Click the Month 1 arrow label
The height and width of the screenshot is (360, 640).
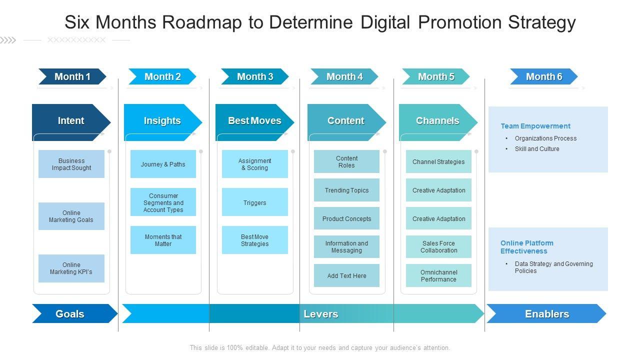(x=72, y=76)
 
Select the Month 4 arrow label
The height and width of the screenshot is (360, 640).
(x=344, y=76)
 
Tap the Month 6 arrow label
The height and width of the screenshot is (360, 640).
(x=544, y=76)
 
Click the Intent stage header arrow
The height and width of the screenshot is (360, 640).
(x=71, y=121)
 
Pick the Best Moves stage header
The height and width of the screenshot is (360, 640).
(x=254, y=121)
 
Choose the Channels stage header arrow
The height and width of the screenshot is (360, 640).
(x=437, y=121)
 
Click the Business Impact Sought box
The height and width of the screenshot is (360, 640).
(x=71, y=164)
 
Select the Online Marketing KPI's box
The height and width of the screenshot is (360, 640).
(x=71, y=268)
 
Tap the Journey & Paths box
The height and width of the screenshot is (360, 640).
(x=163, y=164)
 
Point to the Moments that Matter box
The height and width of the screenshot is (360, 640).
(x=163, y=240)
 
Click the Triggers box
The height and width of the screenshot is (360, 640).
(x=255, y=202)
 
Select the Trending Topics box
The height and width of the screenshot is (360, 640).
(x=346, y=190)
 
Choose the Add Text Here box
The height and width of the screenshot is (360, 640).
(x=346, y=276)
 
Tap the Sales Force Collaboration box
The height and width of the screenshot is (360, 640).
(x=438, y=247)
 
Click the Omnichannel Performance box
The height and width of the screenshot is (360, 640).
(x=438, y=276)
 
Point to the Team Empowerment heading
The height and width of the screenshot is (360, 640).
(x=535, y=126)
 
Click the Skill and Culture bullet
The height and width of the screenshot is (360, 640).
(x=537, y=149)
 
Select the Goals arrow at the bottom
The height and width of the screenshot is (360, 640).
(x=70, y=314)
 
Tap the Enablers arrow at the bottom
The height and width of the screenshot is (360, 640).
(x=547, y=314)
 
